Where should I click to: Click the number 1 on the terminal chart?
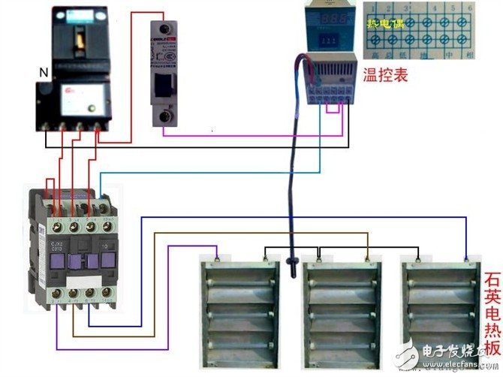(x=374, y=6)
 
